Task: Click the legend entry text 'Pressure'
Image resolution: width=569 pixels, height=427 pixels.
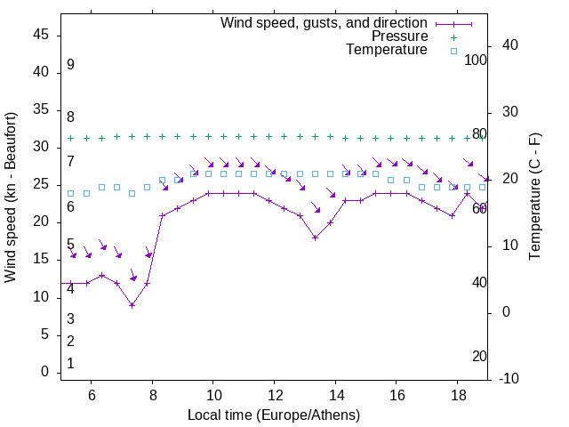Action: point(400,36)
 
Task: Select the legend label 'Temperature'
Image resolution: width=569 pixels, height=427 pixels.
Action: point(387,51)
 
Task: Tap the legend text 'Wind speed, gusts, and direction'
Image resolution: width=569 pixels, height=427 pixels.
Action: point(325,22)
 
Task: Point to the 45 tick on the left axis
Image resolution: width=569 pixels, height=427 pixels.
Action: point(41,35)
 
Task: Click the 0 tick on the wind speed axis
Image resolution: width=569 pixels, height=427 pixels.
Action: point(44,372)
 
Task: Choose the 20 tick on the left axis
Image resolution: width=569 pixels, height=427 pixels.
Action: point(41,222)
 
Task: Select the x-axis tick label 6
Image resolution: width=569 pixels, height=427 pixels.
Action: point(92,396)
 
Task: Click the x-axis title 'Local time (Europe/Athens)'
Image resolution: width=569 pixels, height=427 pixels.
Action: point(274,415)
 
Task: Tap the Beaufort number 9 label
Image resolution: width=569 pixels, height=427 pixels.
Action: point(70,65)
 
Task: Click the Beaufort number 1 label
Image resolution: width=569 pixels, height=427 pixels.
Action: point(70,364)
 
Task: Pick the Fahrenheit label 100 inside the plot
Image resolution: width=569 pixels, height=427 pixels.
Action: point(476,60)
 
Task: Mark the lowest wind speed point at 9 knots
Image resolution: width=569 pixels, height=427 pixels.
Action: point(132,305)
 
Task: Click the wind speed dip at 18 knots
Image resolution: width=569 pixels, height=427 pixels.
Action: point(315,238)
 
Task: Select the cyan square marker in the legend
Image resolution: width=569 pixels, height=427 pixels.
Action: point(453,51)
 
